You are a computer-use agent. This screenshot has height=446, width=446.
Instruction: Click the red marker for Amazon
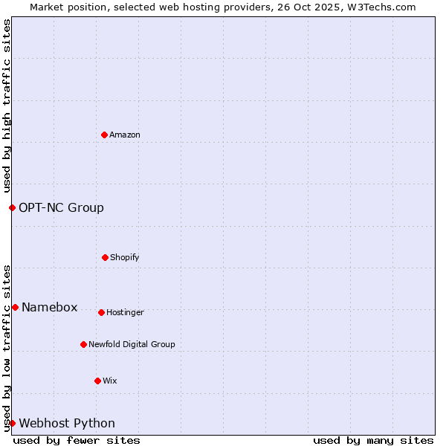(104, 135)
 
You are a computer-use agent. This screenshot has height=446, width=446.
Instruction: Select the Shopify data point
(105, 257)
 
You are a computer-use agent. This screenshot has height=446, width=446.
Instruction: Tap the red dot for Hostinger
(101, 312)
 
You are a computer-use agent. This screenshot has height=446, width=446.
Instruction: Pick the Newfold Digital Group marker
(83, 344)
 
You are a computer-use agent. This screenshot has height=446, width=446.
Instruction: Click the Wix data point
(97, 381)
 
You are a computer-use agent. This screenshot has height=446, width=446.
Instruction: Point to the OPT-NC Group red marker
(12, 207)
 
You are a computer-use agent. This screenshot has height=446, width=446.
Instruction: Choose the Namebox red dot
(15, 307)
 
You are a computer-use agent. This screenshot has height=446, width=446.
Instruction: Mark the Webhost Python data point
(12, 423)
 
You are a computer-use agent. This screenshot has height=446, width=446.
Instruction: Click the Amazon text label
(125, 135)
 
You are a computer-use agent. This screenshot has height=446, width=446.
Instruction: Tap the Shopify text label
(125, 257)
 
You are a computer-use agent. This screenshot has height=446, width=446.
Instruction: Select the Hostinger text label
(125, 312)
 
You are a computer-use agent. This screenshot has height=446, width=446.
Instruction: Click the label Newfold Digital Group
(132, 344)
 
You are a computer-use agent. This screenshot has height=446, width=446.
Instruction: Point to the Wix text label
(110, 381)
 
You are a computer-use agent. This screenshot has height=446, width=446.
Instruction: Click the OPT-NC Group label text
(61, 207)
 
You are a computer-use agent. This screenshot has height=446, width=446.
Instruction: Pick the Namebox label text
(49, 307)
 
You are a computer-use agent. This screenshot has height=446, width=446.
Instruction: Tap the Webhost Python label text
(67, 423)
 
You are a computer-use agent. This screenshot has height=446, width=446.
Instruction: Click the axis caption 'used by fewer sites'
(77, 440)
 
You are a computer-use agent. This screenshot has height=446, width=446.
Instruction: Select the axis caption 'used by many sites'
(373, 440)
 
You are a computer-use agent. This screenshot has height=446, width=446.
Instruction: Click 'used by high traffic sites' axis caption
(7, 106)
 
